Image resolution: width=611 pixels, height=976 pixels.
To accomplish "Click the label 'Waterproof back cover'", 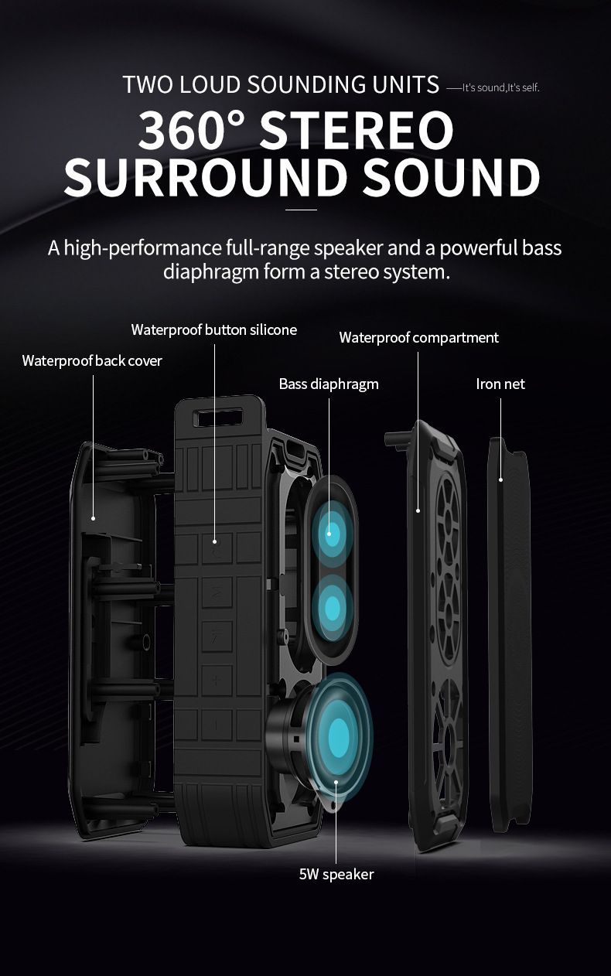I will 92,360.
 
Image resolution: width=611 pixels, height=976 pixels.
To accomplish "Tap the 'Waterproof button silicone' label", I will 213,330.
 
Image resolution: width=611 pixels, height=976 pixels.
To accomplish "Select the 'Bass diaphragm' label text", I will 329,384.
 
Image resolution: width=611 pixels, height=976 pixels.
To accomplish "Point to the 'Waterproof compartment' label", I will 418,337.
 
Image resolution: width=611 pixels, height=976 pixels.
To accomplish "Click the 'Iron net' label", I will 500,384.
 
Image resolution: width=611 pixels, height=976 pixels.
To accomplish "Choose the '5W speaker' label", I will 336,874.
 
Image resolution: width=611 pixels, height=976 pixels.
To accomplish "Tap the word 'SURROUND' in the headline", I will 206,177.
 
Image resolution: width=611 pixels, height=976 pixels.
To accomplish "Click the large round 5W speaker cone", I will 337,731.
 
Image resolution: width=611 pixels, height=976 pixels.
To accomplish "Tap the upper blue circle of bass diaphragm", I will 332,531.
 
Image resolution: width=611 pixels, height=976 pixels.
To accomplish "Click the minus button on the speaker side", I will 217,725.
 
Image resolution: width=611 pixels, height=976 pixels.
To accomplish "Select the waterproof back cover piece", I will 108,634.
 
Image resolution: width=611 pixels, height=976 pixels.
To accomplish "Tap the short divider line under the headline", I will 302,210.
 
